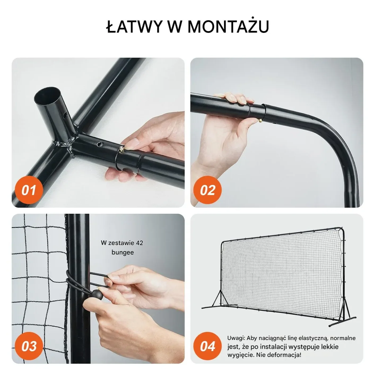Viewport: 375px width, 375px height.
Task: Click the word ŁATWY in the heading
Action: click(134, 26)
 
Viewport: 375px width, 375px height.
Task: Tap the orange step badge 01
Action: click(29, 190)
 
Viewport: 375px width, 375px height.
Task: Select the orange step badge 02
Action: click(207, 190)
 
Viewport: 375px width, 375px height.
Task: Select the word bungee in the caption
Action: click(123, 252)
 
